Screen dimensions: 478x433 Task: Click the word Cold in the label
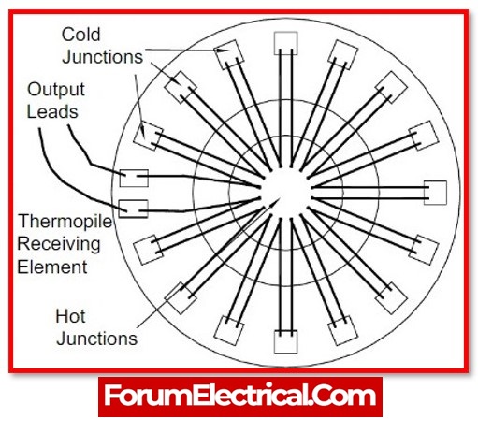[80, 35]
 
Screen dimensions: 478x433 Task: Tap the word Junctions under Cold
[103, 57]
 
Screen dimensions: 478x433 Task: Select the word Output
[56, 90]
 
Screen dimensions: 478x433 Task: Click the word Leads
[52, 111]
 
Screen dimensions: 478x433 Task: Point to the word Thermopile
[65, 222]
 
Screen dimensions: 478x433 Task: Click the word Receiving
[59, 244]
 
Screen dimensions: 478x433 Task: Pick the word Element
[52, 267]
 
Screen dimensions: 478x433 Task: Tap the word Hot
[70, 316]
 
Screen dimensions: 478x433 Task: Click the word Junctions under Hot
[97, 339]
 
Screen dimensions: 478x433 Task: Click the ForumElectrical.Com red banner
[240, 397]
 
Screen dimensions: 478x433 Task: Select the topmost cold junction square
[285, 43]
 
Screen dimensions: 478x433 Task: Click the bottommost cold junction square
[285, 342]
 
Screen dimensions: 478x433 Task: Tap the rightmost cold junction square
[435, 193]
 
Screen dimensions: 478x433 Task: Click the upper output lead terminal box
[134, 179]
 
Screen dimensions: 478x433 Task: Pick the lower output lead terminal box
[134, 209]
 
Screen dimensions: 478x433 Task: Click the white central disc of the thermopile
[285, 193]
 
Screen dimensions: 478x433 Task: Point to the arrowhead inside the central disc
[277, 200]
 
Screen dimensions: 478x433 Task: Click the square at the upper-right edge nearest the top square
[343, 54]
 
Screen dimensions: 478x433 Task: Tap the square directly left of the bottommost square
[228, 331]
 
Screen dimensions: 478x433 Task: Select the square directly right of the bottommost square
[343, 331]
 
